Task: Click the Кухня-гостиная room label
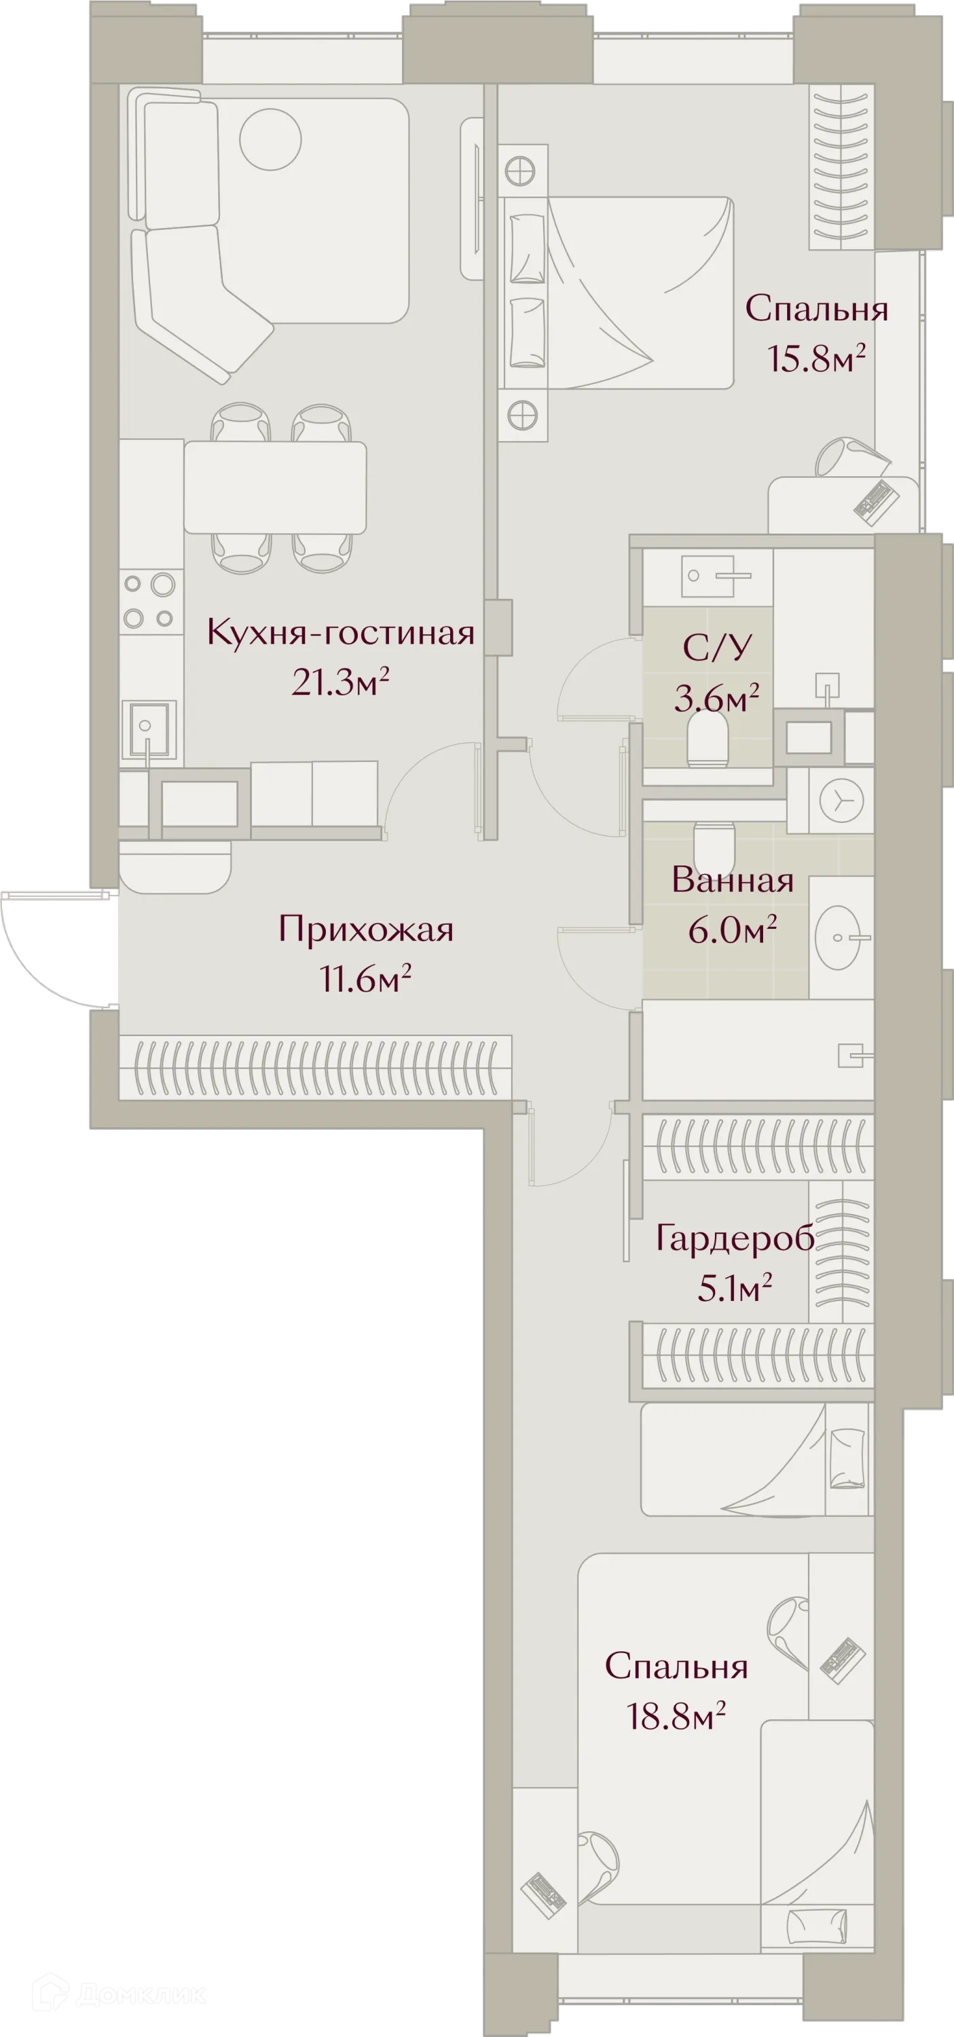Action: (x=340, y=633)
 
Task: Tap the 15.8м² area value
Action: (x=815, y=360)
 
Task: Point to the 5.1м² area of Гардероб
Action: (x=733, y=1289)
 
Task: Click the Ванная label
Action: (x=733, y=880)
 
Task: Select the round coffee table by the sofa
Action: (x=270, y=139)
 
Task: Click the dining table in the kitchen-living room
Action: (x=274, y=487)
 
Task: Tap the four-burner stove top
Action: (x=149, y=601)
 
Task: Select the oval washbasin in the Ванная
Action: (x=838, y=937)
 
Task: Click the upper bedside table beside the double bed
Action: (x=522, y=170)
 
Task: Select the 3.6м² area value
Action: (x=716, y=697)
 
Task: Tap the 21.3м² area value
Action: (x=340, y=682)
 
